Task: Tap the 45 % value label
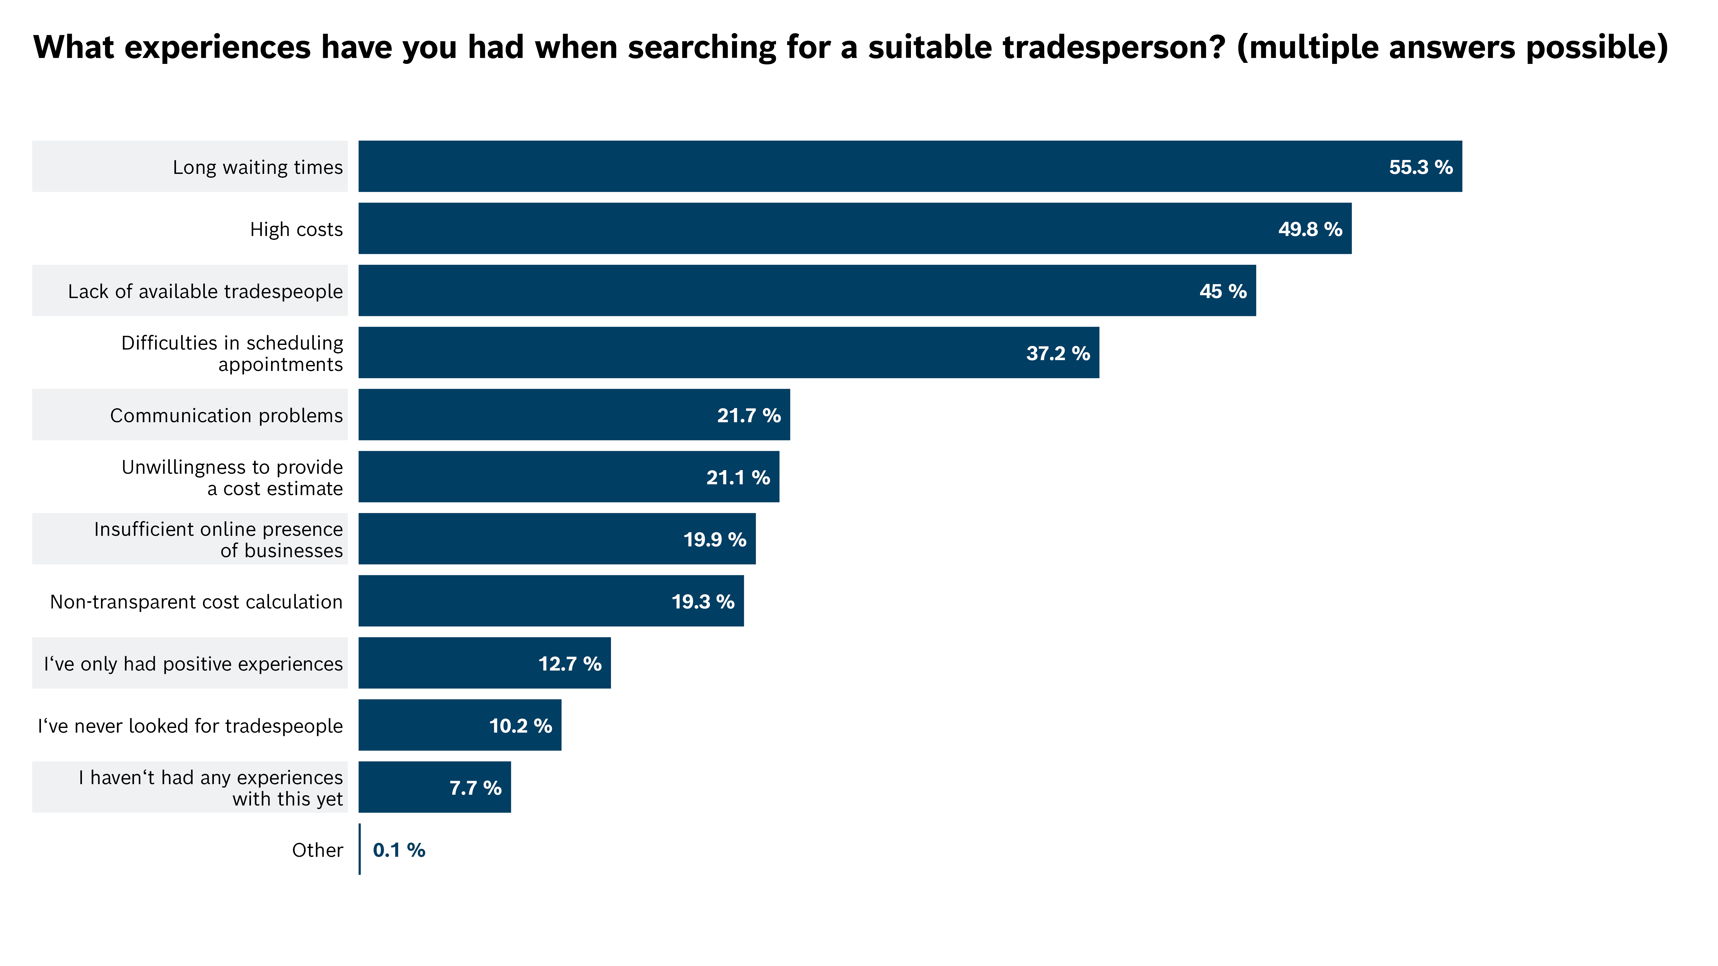pos(1222,291)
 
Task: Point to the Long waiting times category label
pos(257,167)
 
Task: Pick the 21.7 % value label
pos(748,415)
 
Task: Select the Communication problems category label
pos(226,415)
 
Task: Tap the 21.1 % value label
pos(738,477)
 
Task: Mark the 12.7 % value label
pos(569,664)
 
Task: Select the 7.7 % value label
pos(475,788)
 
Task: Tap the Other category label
pos(317,850)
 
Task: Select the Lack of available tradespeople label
pos(205,291)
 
